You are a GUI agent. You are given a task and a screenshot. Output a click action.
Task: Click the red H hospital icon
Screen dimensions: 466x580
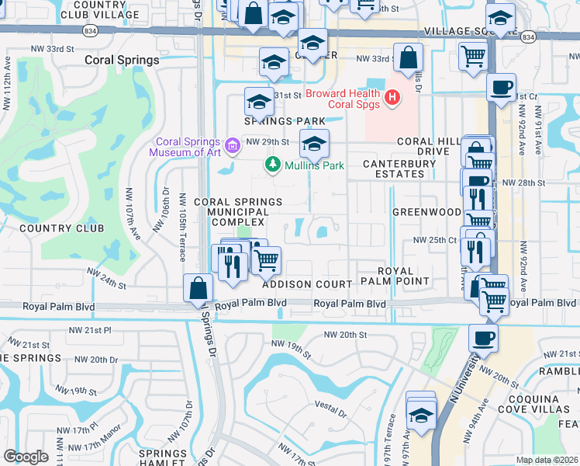click(x=392, y=98)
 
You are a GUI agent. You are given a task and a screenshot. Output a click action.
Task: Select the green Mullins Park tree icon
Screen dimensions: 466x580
click(x=272, y=165)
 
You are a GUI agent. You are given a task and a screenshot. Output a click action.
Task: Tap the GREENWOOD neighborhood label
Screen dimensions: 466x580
click(x=426, y=211)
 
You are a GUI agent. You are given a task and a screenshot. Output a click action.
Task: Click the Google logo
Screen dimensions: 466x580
click(x=26, y=457)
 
